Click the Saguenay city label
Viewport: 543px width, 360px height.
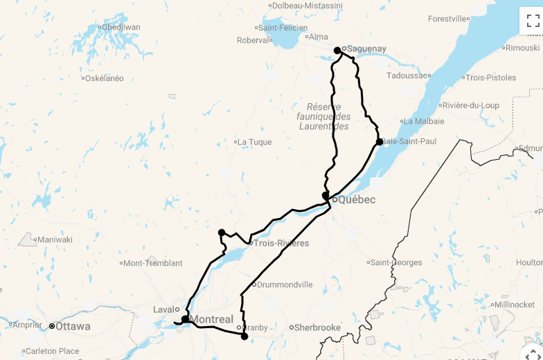pos(366,49)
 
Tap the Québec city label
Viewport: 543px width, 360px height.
pos(357,200)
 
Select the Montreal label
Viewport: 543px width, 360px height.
pos(211,319)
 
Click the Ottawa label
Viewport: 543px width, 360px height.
pos(73,326)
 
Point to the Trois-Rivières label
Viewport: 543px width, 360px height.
pos(281,243)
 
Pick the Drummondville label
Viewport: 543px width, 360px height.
pos(285,285)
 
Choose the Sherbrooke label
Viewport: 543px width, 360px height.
pos(318,327)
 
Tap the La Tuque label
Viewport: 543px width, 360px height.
pos(255,142)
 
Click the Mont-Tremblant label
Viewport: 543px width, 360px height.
pos(153,263)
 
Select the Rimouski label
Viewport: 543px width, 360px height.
pos(522,48)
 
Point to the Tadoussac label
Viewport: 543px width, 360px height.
pos(407,75)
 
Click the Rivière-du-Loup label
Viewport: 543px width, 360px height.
pos(472,105)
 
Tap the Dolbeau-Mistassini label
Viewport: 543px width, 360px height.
pos(307,6)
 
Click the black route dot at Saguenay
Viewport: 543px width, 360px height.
pos(337,50)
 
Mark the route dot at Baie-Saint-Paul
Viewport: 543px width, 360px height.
pos(380,142)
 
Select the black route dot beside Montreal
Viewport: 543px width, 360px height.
pos(185,319)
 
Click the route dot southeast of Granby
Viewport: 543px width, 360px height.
pos(244,336)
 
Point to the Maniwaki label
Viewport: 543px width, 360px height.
pos(55,240)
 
